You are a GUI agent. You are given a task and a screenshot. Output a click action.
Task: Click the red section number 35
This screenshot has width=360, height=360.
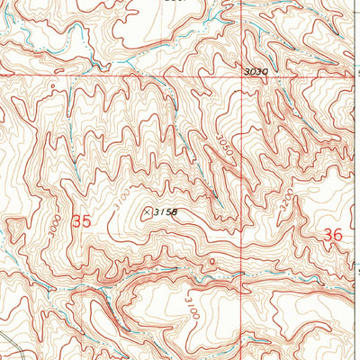[x=82, y=220]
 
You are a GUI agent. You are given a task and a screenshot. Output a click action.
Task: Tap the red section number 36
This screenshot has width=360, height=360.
[x=332, y=235]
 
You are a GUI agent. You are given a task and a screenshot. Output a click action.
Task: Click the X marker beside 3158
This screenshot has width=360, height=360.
[x=147, y=212]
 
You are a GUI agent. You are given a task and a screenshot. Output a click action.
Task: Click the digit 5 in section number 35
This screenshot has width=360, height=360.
[x=87, y=220]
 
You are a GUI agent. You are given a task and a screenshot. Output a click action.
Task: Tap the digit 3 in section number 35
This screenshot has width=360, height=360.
[x=76, y=220]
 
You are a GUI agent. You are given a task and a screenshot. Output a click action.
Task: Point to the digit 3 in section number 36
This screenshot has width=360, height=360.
[x=327, y=235]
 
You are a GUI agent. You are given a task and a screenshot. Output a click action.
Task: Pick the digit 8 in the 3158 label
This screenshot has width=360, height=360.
[x=175, y=212]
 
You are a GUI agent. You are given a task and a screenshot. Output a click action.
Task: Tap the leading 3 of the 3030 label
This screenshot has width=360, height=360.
[x=247, y=71]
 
